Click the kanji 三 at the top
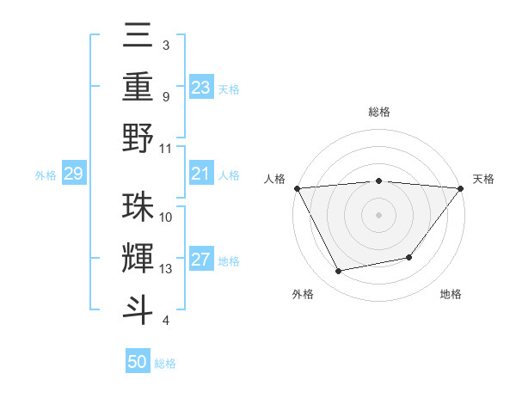click(138, 35)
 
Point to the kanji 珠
click(138, 206)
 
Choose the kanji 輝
click(138, 258)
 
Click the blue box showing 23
click(201, 88)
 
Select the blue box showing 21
click(201, 174)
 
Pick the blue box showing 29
click(73, 174)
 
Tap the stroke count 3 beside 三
click(165, 45)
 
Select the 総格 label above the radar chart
click(378, 112)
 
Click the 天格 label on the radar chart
click(483, 179)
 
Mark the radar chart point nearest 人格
click(297, 188)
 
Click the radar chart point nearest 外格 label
click(338, 272)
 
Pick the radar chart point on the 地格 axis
click(409, 257)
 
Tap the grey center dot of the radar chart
click(378, 215)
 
